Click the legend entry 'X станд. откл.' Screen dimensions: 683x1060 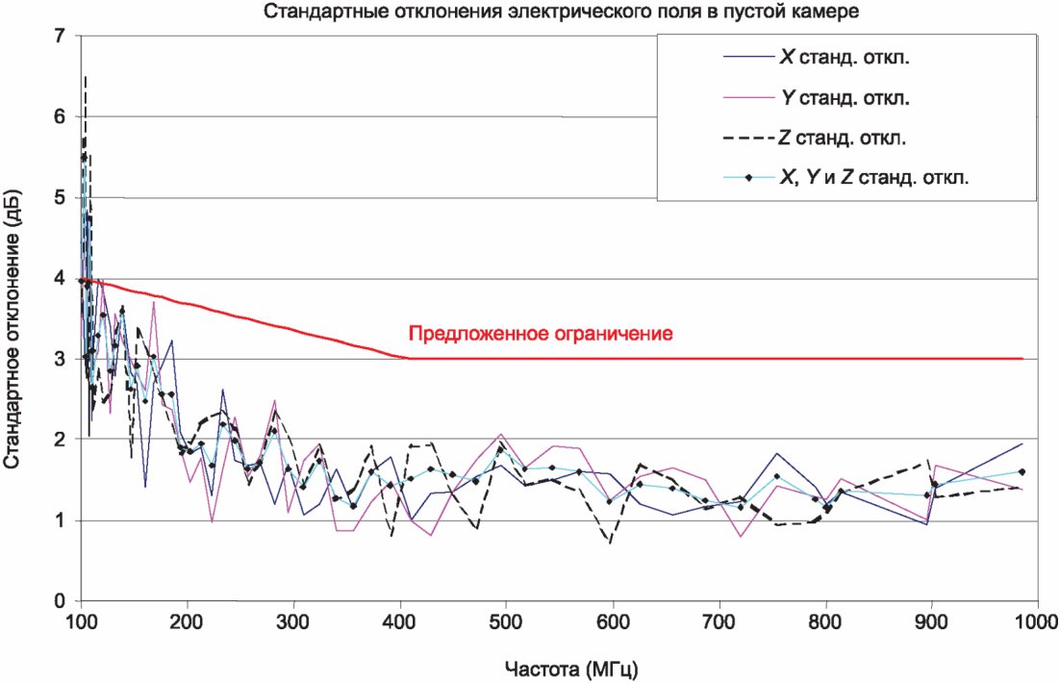pyautogui.click(x=844, y=57)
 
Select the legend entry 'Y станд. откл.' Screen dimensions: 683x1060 pyautogui.click(x=844, y=97)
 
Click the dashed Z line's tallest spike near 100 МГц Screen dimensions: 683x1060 pyautogui.click(x=86, y=77)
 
